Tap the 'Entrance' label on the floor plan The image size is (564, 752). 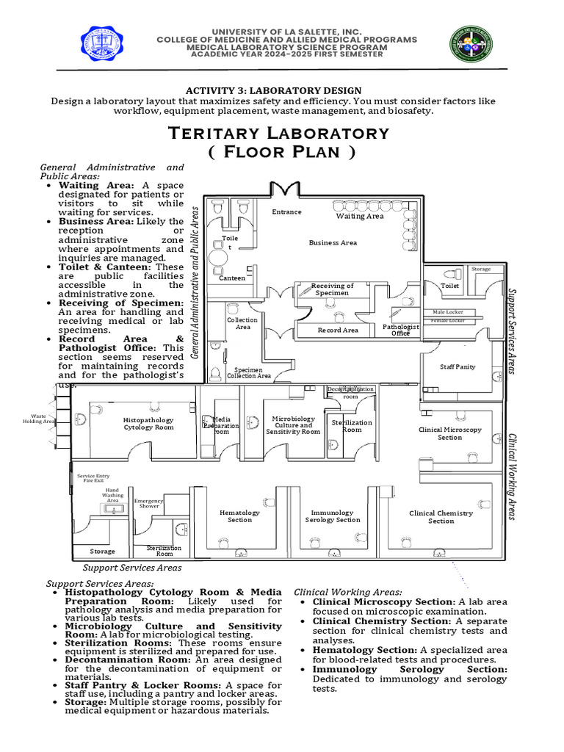pos(286,211)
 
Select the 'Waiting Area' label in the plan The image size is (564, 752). pos(360,216)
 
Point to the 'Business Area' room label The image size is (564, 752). pos(333,242)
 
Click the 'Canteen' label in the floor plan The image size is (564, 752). pos(232,278)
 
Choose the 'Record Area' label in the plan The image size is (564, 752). pos(338,330)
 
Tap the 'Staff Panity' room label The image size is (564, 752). pos(458,366)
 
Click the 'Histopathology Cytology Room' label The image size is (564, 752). pos(148,424)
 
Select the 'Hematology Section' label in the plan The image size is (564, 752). pos(239,516)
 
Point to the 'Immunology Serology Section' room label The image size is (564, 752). pos(333,516)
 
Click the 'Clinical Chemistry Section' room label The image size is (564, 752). pos(441,517)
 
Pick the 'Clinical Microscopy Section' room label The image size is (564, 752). pos(450,433)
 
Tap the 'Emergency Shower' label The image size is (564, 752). pos(148,503)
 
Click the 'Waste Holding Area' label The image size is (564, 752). pos(38,419)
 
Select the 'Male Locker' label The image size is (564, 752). pos(447,312)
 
